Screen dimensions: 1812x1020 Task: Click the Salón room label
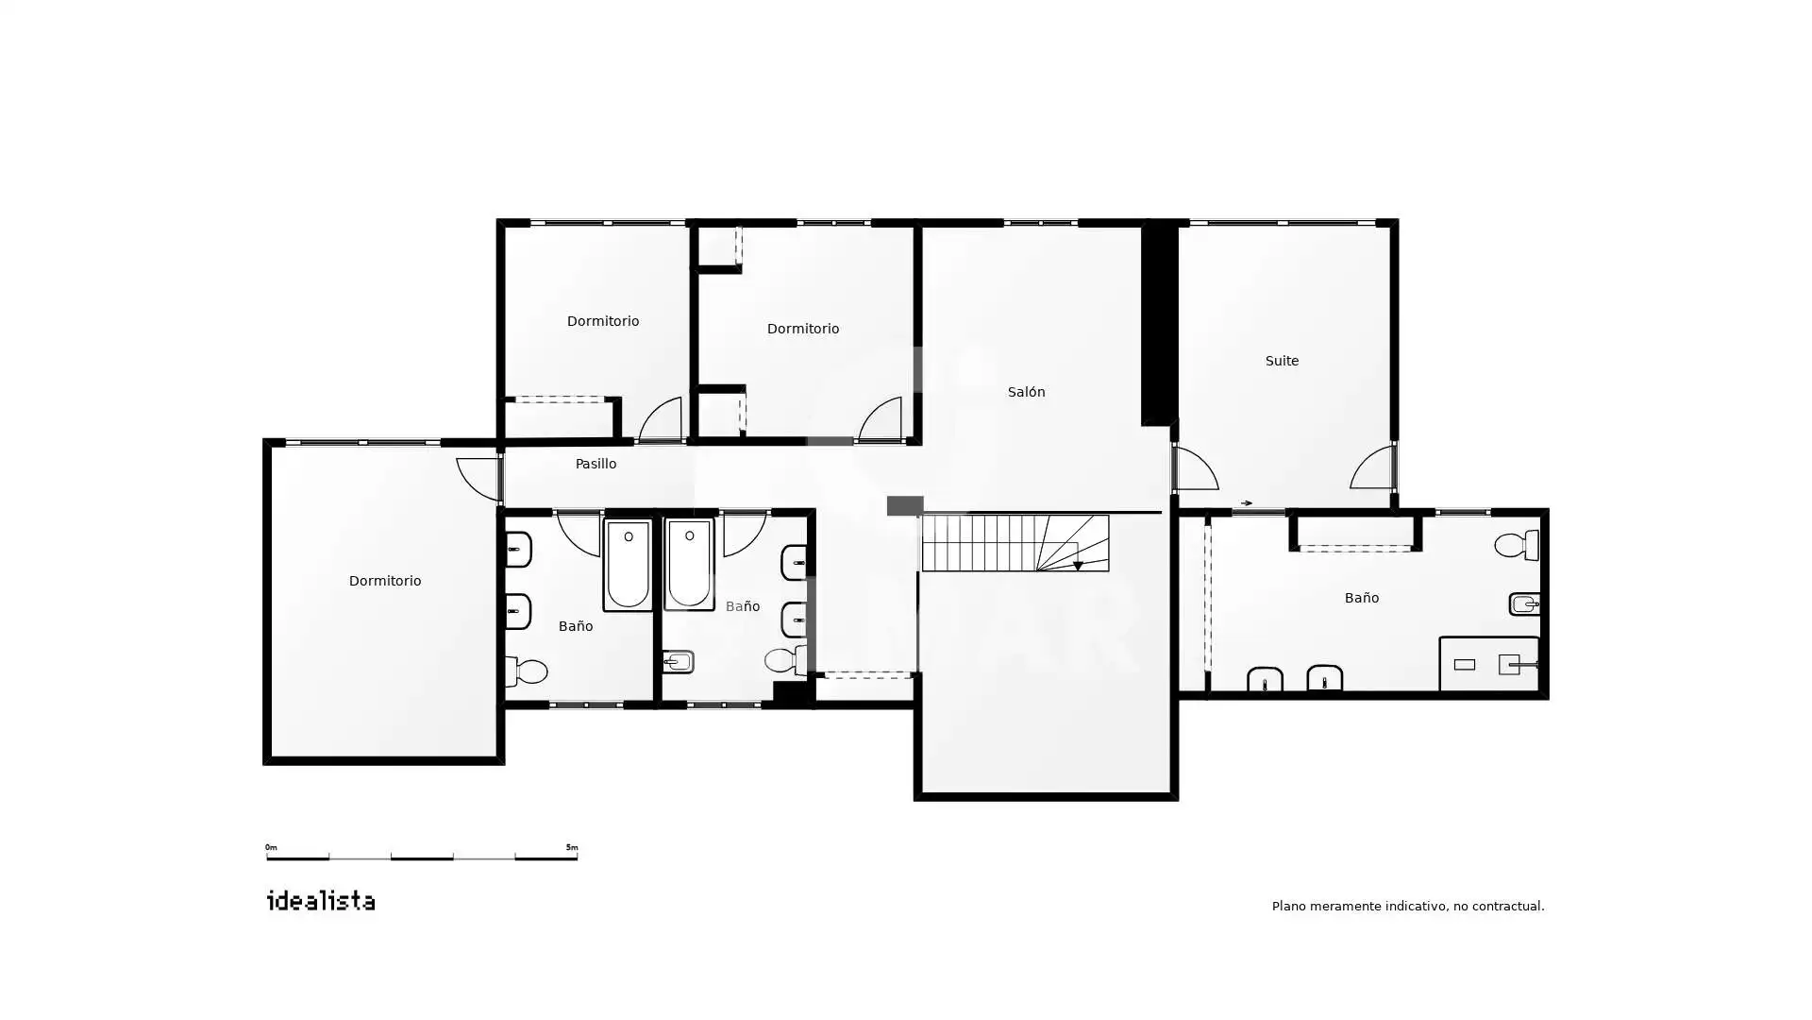point(1026,392)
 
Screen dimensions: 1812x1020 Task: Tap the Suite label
point(1282,361)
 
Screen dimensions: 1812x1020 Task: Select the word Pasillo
point(596,464)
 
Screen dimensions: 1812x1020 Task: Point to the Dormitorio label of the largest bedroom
point(385,581)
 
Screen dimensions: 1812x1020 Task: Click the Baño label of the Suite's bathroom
point(1361,598)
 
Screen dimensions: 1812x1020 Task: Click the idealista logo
point(321,900)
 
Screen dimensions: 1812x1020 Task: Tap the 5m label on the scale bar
point(572,847)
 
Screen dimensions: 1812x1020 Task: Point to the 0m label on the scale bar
point(271,847)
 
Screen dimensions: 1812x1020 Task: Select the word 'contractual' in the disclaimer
point(1507,906)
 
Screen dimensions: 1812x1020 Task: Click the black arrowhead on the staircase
point(1078,566)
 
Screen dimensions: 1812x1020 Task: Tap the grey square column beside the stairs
point(905,506)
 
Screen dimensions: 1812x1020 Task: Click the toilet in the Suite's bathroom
point(1518,545)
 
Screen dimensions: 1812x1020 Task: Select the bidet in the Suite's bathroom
point(1524,603)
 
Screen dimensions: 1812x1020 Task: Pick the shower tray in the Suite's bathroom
point(1489,664)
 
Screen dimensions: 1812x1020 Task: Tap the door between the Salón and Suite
point(1196,467)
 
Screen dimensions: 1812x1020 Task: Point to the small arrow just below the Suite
point(1247,503)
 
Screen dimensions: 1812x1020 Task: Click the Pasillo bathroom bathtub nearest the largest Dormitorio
point(628,564)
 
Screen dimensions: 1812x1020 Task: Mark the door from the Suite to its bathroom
point(1373,467)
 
